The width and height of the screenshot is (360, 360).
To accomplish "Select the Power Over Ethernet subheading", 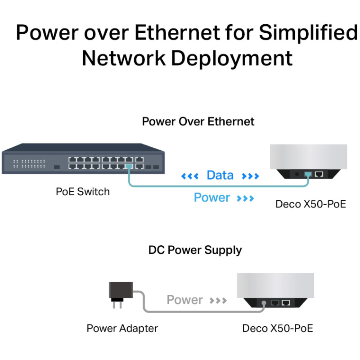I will (198, 121).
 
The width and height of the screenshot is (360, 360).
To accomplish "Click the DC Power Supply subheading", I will (195, 250).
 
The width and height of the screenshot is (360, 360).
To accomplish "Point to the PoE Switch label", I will (82, 192).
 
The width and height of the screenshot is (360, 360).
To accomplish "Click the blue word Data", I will (220, 175).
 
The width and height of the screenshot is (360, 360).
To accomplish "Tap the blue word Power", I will (211, 198).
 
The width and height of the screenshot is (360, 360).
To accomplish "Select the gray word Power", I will (184, 300).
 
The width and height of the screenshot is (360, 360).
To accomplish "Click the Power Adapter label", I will (122, 328).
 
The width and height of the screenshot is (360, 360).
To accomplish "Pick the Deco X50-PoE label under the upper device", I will (310, 204).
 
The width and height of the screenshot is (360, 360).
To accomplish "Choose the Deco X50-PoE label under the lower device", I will (277, 328).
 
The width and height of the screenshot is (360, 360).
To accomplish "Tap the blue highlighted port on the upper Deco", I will (308, 173).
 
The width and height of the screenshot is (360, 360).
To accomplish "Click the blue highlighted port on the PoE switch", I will (129, 166).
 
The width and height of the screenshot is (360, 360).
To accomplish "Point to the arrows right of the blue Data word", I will (251, 176).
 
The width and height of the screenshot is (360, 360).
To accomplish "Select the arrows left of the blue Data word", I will (189, 176).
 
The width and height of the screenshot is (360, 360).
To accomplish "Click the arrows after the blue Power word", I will (245, 198).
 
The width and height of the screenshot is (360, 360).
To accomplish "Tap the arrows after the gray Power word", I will (218, 300).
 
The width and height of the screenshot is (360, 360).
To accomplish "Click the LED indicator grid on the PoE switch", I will (29, 163).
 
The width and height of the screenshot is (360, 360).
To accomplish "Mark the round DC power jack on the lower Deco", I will (264, 303).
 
